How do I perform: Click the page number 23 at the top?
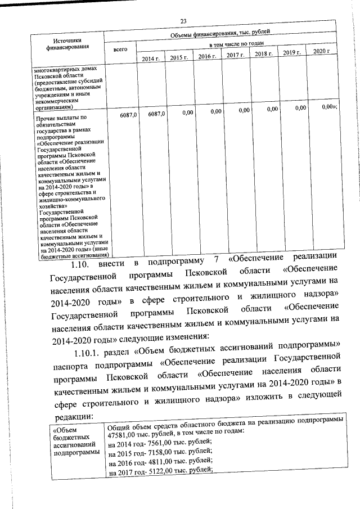coord(183,21)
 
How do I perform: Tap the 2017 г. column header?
coord(235,56)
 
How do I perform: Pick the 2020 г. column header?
coord(321,52)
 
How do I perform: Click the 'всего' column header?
coord(120,49)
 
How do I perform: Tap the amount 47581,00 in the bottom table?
coord(123,431)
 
